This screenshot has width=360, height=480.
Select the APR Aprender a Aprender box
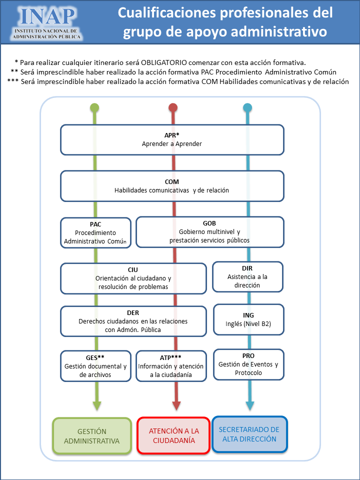tap(172, 139)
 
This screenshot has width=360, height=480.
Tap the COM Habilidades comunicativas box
tap(172, 186)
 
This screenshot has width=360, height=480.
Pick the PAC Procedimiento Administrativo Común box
tap(96, 232)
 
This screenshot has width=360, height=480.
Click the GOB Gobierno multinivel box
tap(210, 232)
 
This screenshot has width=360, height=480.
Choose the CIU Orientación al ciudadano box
tap(133, 278)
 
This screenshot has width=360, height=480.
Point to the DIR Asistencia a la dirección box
tap(247, 276)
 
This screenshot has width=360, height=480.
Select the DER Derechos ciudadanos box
tap(133, 321)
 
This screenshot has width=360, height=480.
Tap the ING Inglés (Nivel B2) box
tap(248, 319)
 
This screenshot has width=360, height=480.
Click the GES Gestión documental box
tap(96, 366)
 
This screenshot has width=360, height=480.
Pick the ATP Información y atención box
tap(171, 366)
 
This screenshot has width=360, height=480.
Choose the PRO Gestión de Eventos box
tap(248, 364)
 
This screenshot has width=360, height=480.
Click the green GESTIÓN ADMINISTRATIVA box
tap(92, 435)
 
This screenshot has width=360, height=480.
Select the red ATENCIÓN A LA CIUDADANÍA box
tap(174, 435)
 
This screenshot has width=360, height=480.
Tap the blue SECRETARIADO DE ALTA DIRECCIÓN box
tap(249, 434)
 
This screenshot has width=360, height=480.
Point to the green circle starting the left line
tap(94, 108)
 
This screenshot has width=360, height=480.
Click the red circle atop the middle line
tap(173, 108)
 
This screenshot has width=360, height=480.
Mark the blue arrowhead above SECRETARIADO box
tap(249, 405)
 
